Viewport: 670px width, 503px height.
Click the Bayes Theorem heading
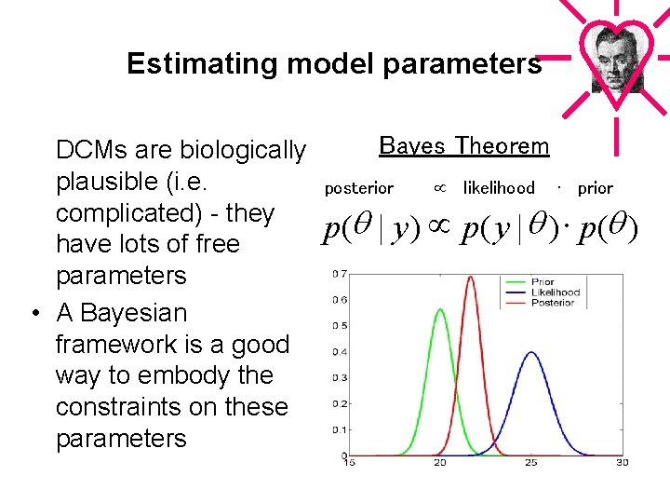(x=464, y=146)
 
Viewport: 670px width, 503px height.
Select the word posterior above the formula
(x=358, y=188)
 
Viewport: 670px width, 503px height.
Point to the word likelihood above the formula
(x=499, y=188)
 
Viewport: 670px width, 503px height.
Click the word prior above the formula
(x=595, y=188)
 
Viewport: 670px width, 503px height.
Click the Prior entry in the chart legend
(x=543, y=282)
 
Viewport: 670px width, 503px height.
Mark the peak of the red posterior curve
(x=471, y=276)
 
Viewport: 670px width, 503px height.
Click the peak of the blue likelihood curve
(x=530, y=352)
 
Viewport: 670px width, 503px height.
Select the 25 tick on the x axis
(x=530, y=462)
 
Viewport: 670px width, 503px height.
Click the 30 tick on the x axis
(x=622, y=462)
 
